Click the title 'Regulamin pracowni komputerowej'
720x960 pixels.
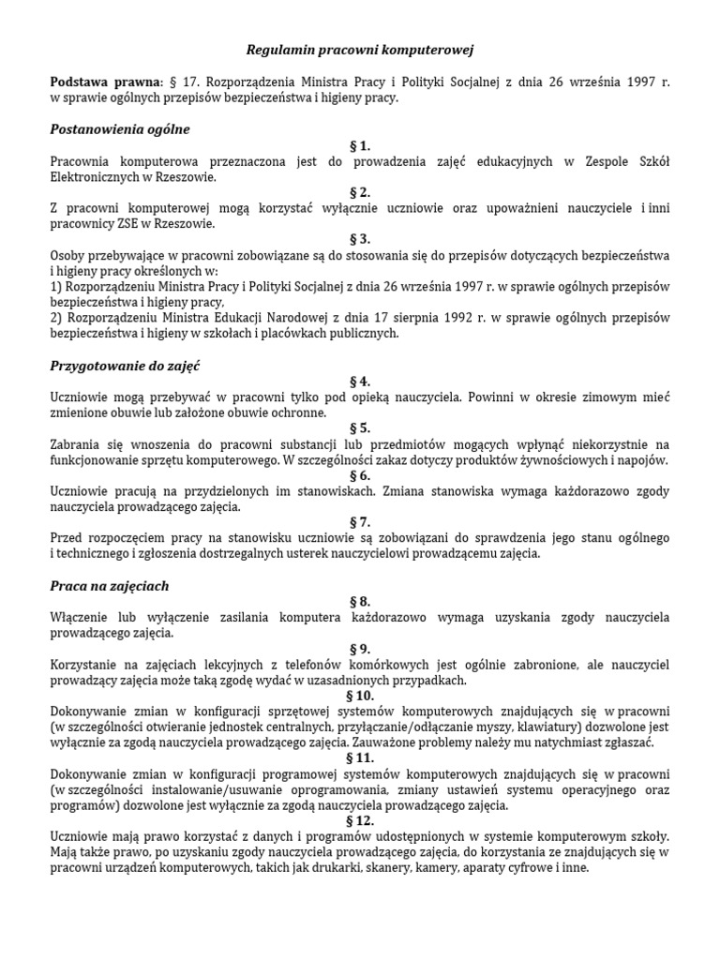click(360, 48)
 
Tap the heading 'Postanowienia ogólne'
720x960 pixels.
click(119, 128)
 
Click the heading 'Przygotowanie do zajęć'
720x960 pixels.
click(126, 365)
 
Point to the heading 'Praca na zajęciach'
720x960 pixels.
click(109, 586)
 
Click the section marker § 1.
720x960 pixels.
click(360, 145)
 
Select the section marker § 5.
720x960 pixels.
click(360, 428)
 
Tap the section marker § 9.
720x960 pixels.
click(360, 649)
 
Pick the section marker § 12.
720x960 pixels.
click(360, 820)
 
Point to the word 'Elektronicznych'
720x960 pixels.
click(97, 176)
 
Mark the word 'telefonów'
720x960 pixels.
click(314, 665)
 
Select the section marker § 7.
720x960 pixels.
click(360, 522)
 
